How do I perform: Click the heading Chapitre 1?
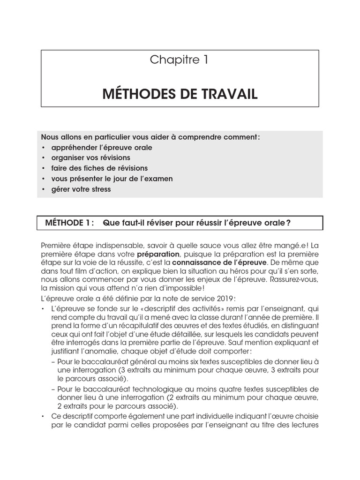(x=180, y=60)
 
